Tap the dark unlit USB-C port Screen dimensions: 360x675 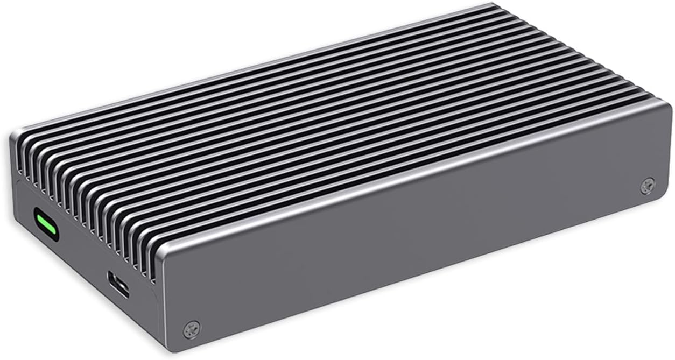coord(118,284)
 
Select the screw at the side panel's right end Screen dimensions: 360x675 coord(648,186)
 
